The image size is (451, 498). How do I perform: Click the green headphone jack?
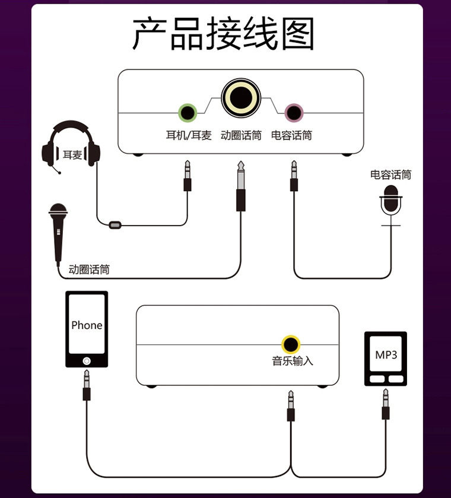(188, 113)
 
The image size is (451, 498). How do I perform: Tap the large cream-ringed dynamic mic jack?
(241, 98)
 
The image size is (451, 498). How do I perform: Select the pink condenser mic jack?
(294, 113)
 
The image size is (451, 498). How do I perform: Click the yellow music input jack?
(291, 345)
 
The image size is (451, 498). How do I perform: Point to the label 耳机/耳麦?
(189, 135)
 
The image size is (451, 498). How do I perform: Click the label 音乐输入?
(292, 361)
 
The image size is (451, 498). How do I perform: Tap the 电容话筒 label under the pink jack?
(291, 135)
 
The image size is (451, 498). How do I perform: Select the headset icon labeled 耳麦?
(71, 147)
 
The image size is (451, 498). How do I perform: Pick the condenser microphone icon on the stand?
(390, 205)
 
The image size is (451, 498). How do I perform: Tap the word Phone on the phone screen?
(87, 325)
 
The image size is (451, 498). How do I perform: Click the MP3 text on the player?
(386, 355)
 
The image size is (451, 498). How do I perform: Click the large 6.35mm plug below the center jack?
(241, 186)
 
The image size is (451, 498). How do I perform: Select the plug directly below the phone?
(87, 385)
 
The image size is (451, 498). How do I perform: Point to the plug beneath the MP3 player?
(386, 404)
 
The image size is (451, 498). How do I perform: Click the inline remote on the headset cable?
(115, 225)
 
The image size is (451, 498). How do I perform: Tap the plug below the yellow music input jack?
(291, 406)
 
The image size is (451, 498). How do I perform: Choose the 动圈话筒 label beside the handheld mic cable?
(89, 269)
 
